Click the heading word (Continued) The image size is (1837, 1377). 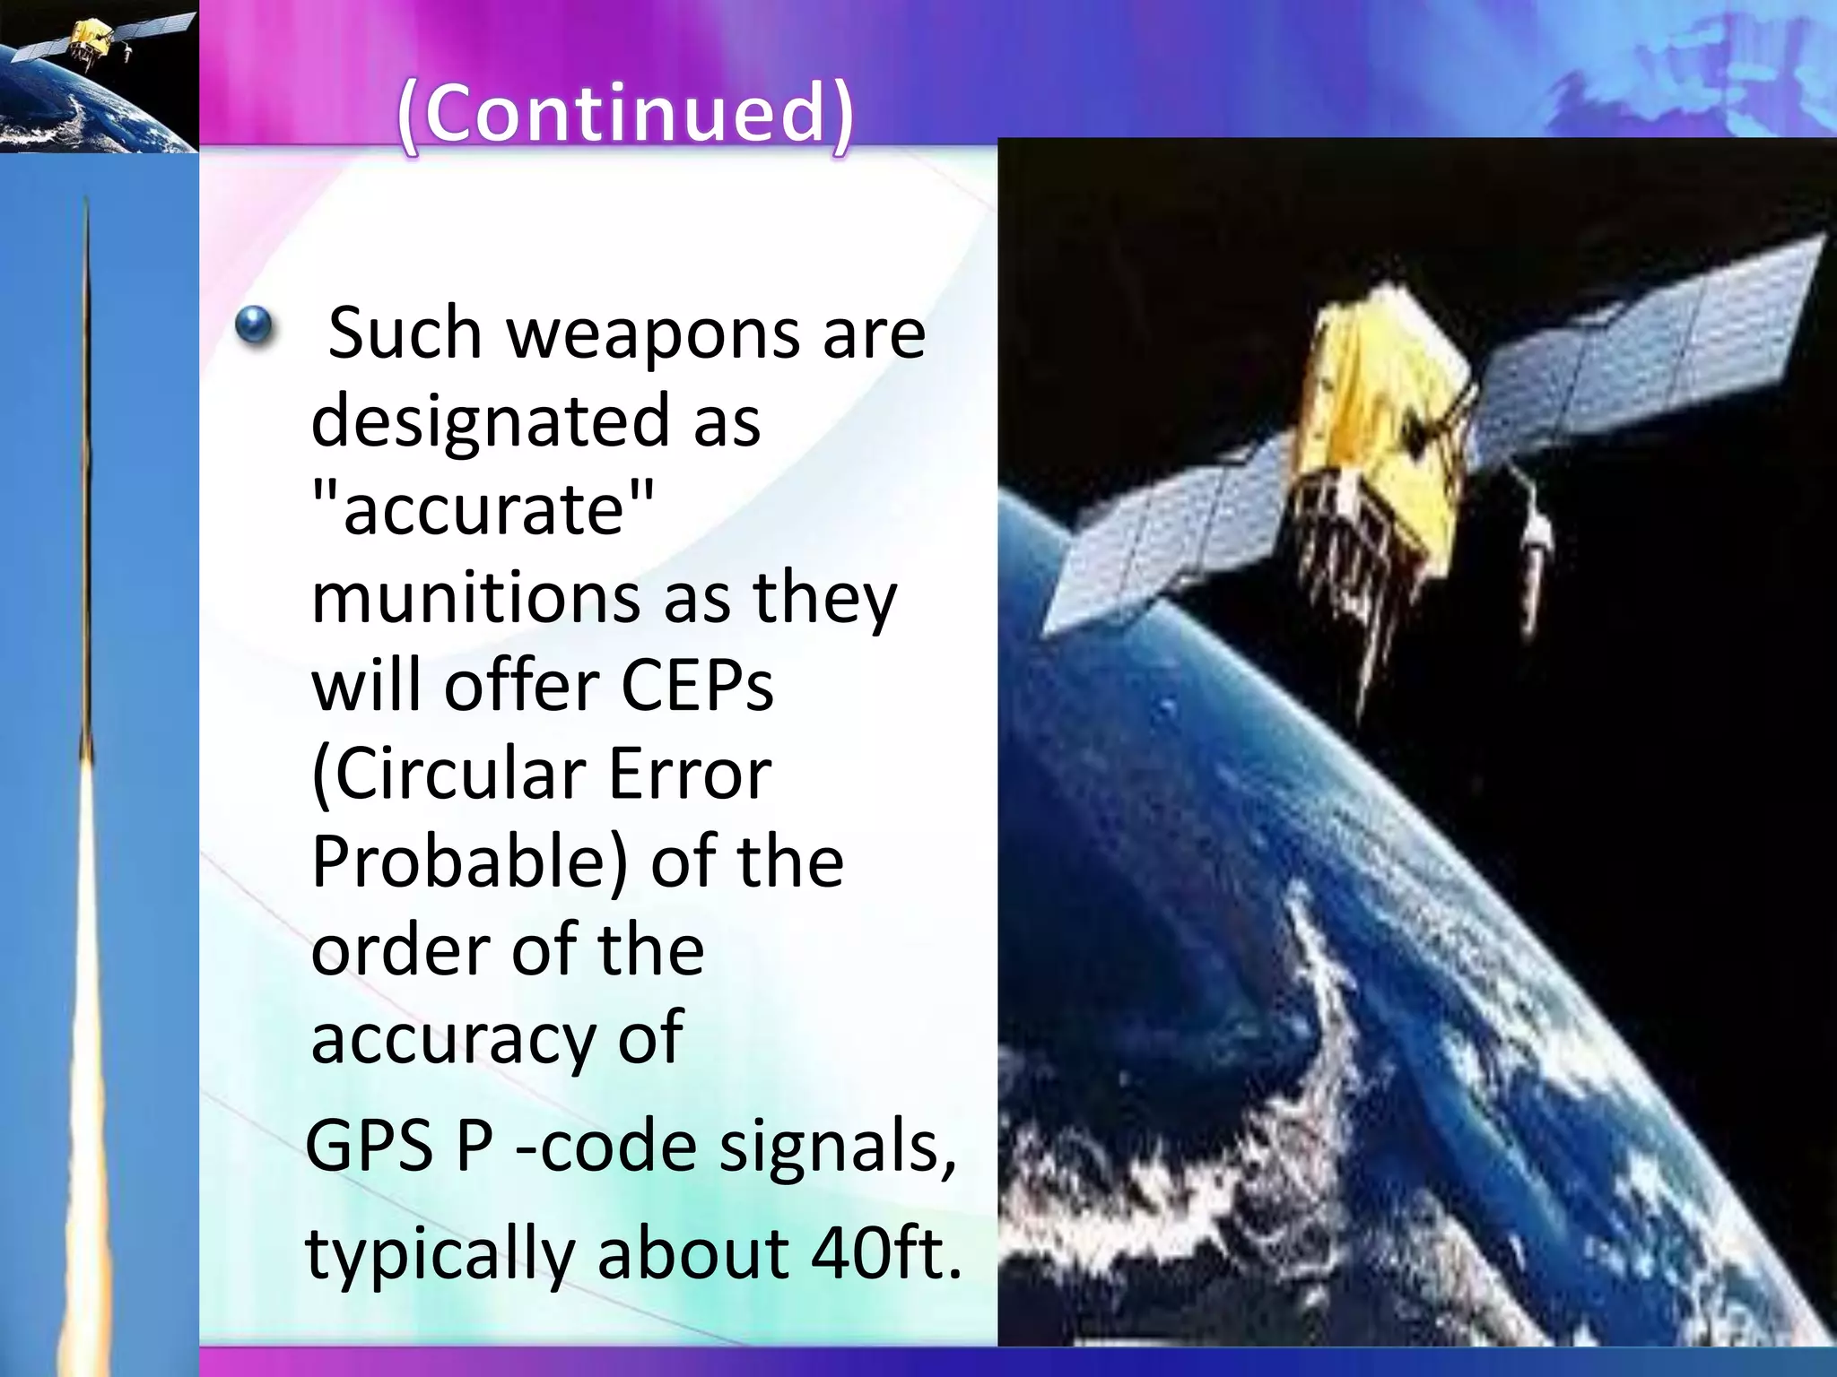pos(626,114)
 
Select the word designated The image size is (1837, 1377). pos(490,421)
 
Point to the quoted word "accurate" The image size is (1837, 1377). pos(483,507)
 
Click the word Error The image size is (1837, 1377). pos(690,774)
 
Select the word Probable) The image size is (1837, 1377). pos(470,862)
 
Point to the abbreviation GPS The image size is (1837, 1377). pos(370,1147)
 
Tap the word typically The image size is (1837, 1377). pos(440,1254)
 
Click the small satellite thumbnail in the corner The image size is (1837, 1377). pos(99,76)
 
